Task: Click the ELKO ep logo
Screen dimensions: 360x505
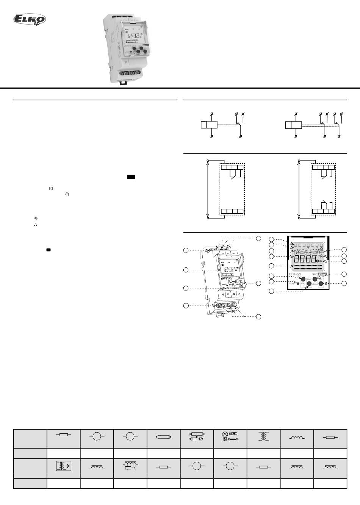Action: click(30, 20)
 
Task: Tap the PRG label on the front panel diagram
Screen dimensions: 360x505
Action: click(303, 283)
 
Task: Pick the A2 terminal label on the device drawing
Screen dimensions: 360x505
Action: click(223, 294)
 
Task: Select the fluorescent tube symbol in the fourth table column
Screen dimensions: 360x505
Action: click(163, 437)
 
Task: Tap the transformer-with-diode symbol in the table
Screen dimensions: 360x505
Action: click(63, 466)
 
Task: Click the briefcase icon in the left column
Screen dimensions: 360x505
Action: click(49, 250)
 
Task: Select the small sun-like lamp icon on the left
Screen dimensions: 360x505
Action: click(36, 219)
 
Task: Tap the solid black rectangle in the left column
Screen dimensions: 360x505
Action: click(131, 177)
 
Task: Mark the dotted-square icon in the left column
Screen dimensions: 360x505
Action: click(51, 188)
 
